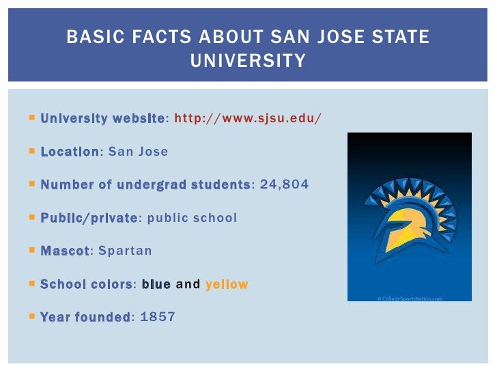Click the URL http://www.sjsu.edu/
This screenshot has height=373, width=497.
pos(248,118)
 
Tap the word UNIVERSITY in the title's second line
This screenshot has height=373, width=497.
pos(248,61)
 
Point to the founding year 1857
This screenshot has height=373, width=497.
pos(157,317)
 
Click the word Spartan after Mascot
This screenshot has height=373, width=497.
pos(125,251)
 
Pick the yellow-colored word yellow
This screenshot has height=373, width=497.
pos(227,284)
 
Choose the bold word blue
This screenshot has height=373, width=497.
pos(156,284)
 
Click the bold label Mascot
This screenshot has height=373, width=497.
pos(65,251)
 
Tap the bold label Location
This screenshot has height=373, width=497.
pos(70,152)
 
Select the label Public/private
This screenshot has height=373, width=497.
pos(89,218)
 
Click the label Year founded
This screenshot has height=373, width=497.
pos(85,317)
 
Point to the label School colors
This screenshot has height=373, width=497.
pos(87,284)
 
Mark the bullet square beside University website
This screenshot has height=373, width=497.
pos(32,118)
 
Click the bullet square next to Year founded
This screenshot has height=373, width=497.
pos(32,316)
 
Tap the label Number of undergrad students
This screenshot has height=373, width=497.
pos(145,184)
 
